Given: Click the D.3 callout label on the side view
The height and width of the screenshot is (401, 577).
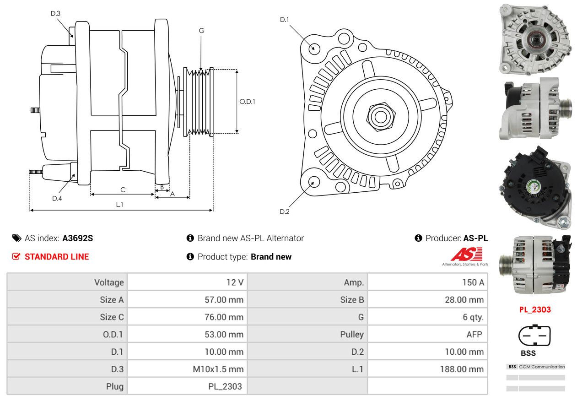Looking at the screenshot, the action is tap(55, 13).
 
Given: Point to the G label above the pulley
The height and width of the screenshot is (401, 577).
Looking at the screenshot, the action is tap(201, 31).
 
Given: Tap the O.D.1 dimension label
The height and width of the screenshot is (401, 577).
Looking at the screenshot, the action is tap(247, 102).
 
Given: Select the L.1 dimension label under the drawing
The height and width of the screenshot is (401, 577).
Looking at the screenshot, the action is tap(119, 205).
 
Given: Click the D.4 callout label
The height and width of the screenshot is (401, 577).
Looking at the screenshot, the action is tap(57, 198).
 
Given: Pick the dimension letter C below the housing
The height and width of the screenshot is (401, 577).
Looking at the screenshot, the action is tap(123, 190).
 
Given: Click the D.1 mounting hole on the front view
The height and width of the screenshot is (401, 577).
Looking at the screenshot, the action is tap(314, 48).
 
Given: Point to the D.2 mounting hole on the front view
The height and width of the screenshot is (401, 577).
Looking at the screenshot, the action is tap(314, 181).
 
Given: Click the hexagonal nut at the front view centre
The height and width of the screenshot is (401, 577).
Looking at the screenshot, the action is tap(381, 117).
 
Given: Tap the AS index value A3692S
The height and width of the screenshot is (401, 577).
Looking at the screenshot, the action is tap(77, 238).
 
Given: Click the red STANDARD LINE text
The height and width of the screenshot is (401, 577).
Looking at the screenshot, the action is tap(57, 257).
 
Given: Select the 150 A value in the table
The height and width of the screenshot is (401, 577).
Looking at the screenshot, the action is tap(473, 282).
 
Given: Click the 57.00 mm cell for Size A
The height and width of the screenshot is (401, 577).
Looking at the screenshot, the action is tap(224, 300).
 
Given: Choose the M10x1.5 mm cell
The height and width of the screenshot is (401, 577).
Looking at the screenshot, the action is tap(218, 369).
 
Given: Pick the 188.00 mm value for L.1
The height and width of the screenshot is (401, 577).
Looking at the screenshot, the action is tap(462, 369).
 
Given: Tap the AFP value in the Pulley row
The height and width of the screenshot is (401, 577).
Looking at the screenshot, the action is tap(474, 335).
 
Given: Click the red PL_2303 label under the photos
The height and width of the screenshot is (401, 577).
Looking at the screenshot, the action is tap(535, 309).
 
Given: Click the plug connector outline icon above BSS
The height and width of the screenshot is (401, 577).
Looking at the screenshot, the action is tap(534, 335).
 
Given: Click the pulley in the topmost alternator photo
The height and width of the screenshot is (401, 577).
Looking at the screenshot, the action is tap(536, 40).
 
